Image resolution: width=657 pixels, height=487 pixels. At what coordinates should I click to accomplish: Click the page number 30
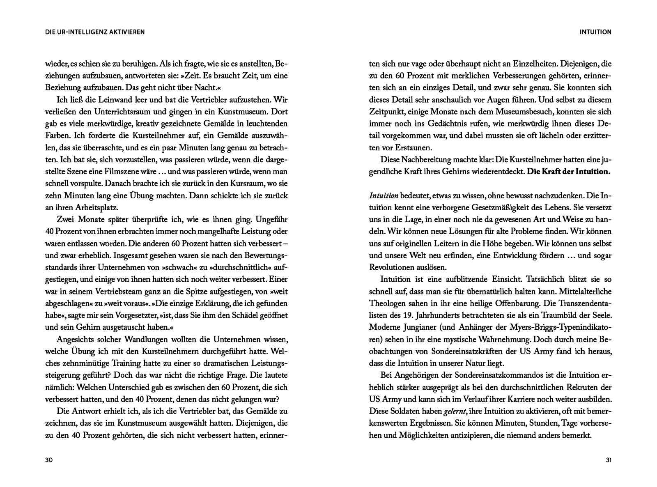[x=49, y=460]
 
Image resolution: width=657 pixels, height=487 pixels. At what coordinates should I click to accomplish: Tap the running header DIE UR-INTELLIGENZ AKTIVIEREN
[x=95, y=32]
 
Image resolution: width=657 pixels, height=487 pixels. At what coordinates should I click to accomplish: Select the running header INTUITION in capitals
[x=595, y=32]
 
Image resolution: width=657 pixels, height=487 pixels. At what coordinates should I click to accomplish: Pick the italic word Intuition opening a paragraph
[x=384, y=196]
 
